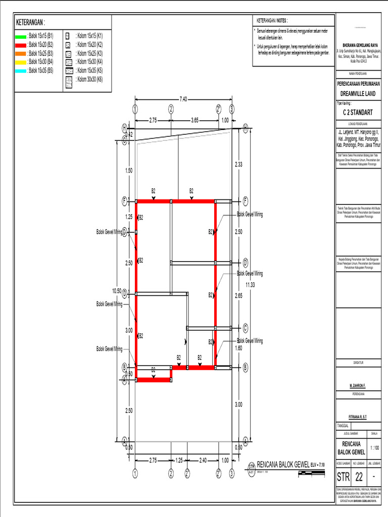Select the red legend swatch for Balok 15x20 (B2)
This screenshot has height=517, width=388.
(x=21, y=45)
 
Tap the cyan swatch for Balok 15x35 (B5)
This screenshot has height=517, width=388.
(x=21, y=71)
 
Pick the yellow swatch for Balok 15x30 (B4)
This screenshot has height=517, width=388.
(x=21, y=63)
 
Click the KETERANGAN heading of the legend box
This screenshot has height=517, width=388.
(x=30, y=23)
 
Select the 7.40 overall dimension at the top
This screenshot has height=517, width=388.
(x=183, y=99)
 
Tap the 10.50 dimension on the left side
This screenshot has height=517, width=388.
(x=116, y=291)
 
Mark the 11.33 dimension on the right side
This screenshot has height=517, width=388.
(x=251, y=285)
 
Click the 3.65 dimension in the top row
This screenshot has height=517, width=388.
(x=195, y=120)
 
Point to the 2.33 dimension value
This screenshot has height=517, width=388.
(x=239, y=165)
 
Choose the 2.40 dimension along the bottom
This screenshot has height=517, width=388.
(x=203, y=460)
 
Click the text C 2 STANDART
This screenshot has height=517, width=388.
(x=359, y=112)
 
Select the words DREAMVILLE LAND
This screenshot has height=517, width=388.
(x=359, y=94)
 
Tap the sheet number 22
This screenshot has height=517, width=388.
(x=359, y=477)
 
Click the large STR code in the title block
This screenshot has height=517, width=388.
(x=344, y=477)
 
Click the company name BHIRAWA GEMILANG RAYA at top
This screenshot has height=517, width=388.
(x=359, y=44)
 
